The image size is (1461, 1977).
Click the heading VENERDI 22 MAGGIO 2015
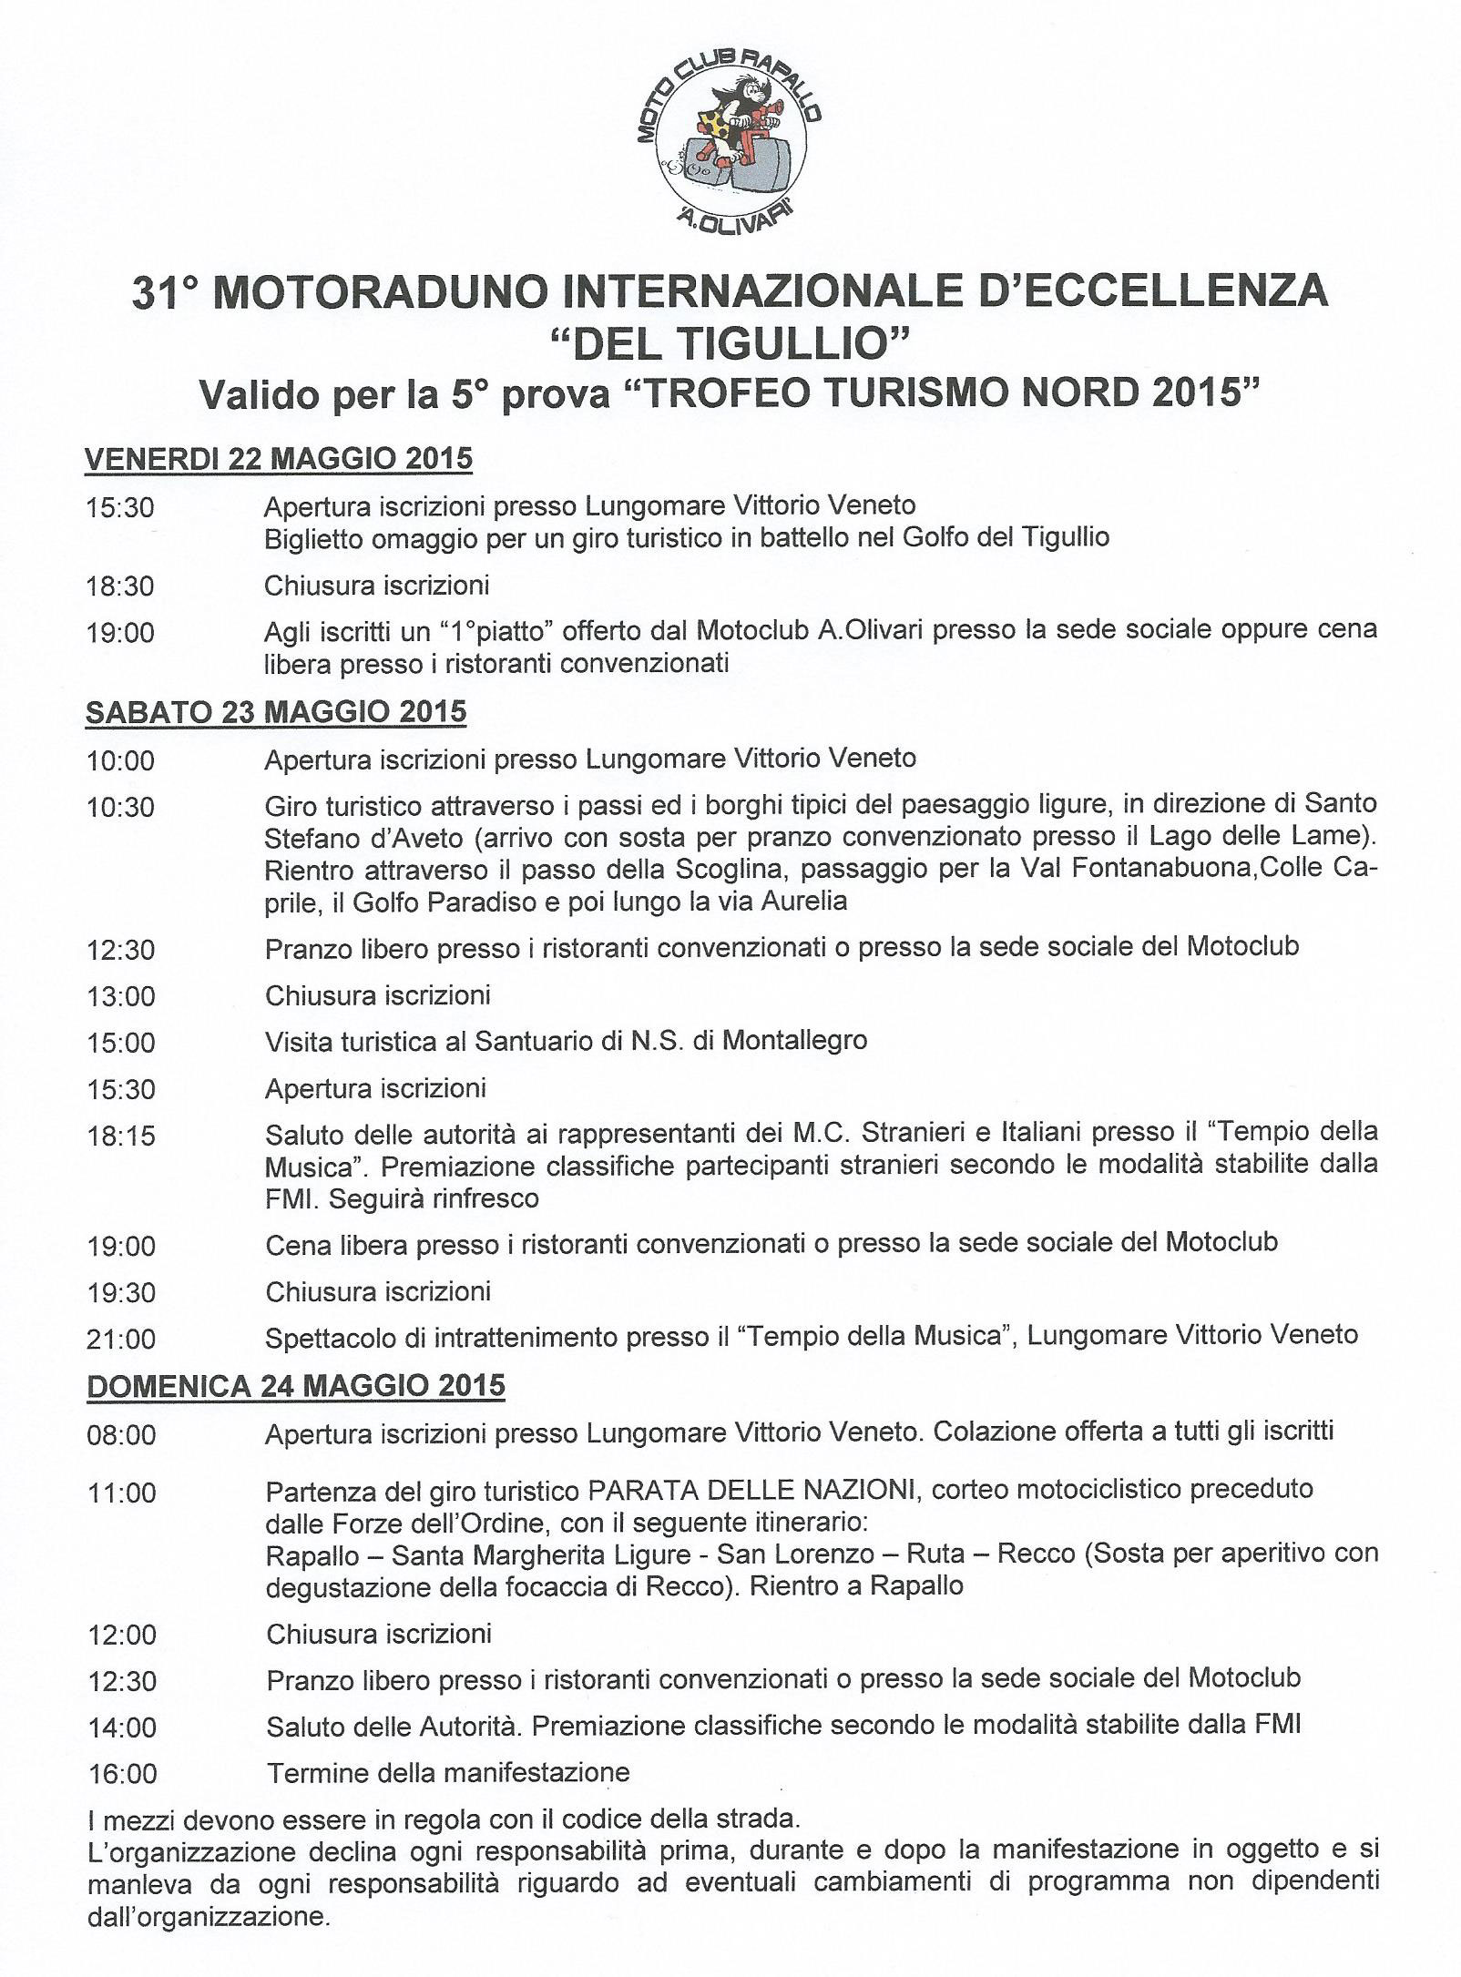tap(279, 459)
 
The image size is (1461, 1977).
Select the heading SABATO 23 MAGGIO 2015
tap(275, 711)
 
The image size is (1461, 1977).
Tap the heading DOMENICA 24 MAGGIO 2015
tap(295, 1386)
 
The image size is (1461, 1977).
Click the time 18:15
tap(121, 1136)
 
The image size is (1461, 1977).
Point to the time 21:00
tap(121, 1339)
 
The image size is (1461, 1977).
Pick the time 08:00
tap(121, 1436)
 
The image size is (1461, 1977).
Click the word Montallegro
tap(794, 1040)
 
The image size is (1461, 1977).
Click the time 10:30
tap(121, 807)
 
